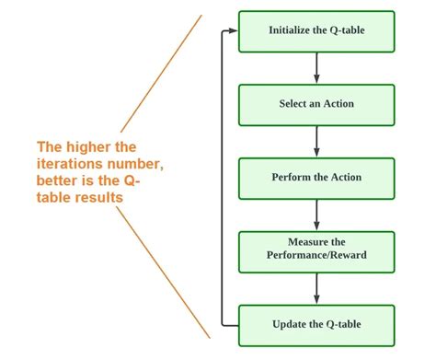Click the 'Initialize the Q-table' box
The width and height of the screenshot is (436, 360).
316,30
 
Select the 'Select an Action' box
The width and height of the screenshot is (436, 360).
316,104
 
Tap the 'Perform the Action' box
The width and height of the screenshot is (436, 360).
316,177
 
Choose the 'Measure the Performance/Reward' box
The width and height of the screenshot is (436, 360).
316,250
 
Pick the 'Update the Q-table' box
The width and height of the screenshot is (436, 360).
316,324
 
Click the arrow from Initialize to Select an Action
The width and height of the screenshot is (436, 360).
316,67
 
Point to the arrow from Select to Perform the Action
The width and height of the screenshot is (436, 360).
316,141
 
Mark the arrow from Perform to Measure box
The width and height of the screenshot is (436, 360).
316,214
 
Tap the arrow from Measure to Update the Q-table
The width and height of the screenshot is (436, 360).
316,287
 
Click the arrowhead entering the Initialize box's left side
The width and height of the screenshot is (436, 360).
234,30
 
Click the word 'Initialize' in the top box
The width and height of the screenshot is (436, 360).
289,30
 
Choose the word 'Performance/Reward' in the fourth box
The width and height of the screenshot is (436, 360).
316,258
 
